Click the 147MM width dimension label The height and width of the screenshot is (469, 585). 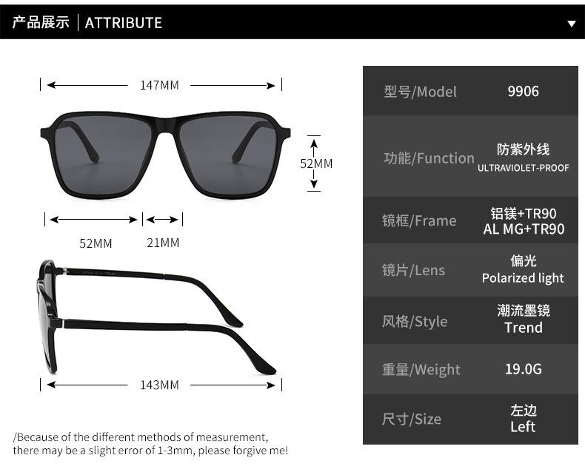pyautogui.click(x=159, y=85)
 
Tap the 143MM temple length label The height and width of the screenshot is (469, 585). pyautogui.click(x=159, y=385)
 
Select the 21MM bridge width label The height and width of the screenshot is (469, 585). pyautogui.click(x=163, y=243)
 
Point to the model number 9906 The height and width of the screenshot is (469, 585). pyautogui.click(x=523, y=92)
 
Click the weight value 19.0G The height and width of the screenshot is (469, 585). pyautogui.click(x=524, y=368)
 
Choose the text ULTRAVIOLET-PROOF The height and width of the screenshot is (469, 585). pyautogui.click(x=523, y=168)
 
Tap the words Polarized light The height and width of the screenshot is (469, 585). pyautogui.click(x=523, y=278)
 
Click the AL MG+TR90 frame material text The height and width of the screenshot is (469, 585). pyautogui.click(x=524, y=229)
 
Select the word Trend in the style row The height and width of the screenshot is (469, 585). pyautogui.click(x=524, y=328)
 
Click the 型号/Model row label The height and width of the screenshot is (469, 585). pyautogui.click(x=420, y=92)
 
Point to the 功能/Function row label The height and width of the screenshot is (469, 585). pyautogui.click(x=429, y=158)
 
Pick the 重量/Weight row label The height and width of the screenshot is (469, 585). pyautogui.click(x=421, y=369)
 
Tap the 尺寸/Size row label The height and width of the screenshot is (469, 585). pyautogui.click(x=411, y=419)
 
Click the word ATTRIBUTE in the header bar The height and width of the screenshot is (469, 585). pyautogui.click(x=124, y=22)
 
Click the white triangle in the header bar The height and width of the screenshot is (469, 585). pyautogui.click(x=571, y=24)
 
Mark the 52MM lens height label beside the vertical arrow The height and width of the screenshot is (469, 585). pyautogui.click(x=316, y=163)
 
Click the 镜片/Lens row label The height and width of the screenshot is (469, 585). pyautogui.click(x=413, y=271)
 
